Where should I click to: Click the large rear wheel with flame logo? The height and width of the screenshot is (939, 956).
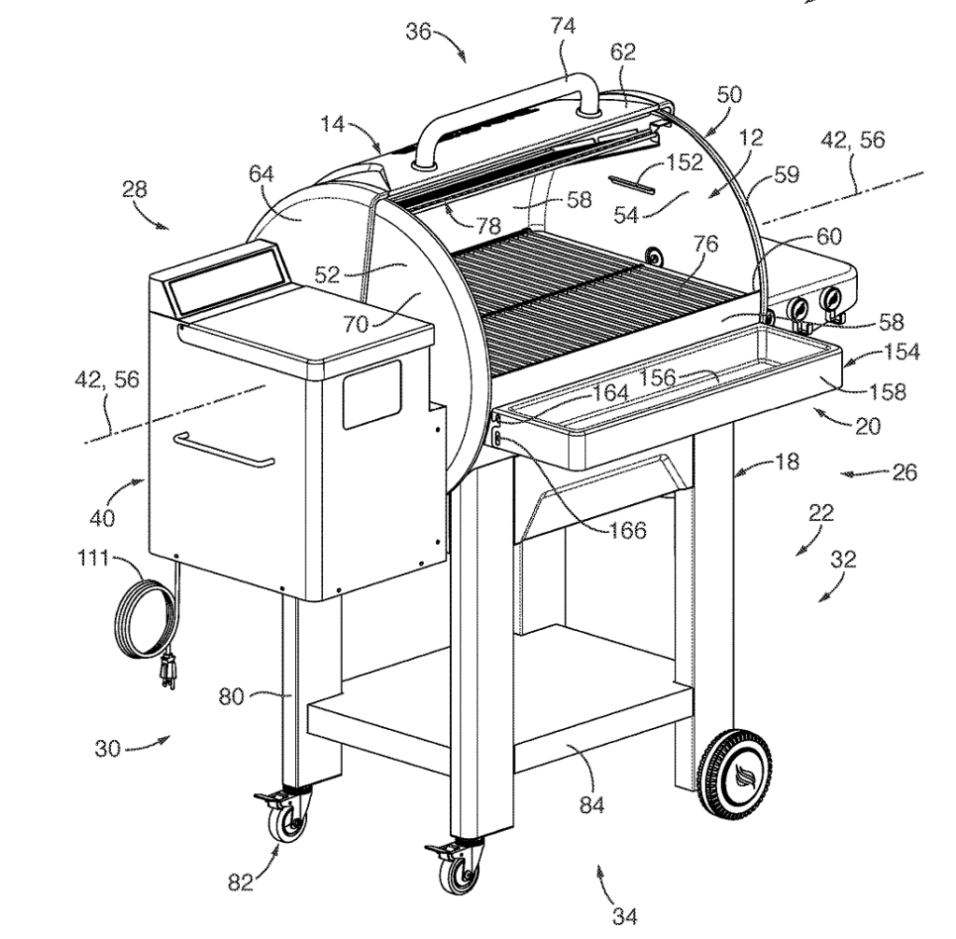[x=738, y=774]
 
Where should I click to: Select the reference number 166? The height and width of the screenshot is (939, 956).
[x=626, y=530]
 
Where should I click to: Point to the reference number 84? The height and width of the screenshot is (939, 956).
[x=591, y=804]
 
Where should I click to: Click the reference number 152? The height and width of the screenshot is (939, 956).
[x=684, y=162]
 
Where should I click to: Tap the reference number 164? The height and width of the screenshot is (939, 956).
[x=611, y=393]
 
